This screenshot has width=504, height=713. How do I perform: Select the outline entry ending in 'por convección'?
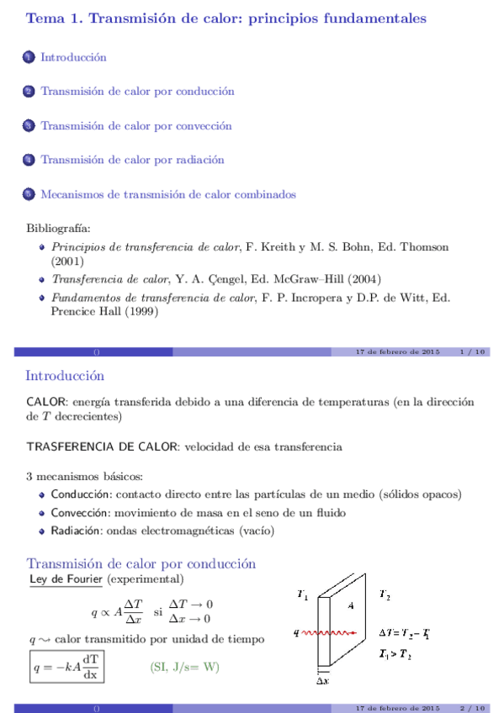(136, 126)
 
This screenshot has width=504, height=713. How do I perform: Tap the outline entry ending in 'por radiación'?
(132, 160)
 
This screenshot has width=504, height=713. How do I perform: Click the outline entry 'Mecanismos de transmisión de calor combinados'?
(168, 194)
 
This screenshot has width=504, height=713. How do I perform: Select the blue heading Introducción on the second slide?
(65, 376)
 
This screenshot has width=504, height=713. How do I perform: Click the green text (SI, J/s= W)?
(184, 668)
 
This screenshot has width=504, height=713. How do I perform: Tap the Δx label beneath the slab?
(322, 682)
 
